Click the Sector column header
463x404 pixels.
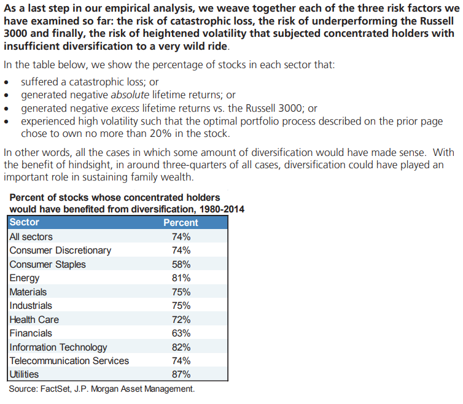(25, 222)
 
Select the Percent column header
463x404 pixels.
(181, 222)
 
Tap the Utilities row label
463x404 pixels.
(24, 374)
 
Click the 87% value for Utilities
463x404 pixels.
(181, 374)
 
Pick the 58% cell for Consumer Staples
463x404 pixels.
(181, 264)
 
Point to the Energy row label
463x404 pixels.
(25, 278)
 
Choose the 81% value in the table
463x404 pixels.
(181, 278)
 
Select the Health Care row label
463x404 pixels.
(34, 319)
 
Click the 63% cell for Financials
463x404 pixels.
(181, 333)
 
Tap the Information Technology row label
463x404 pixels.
(58, 347)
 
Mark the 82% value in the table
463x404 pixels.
(181, 347)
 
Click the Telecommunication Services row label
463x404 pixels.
(69, 360)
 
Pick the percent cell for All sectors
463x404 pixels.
(181, 236)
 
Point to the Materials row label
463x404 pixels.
(28, 292)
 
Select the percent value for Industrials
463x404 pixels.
(181, 305)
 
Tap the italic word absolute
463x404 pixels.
(130, 95)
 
